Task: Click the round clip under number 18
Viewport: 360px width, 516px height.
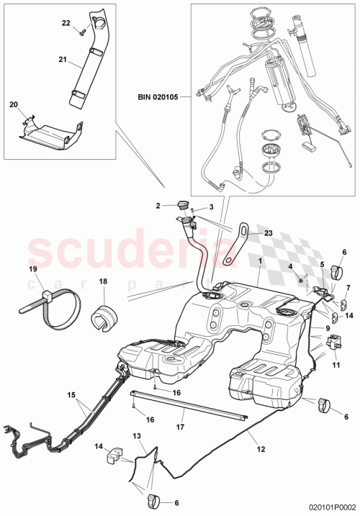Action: pyautogui.click(x=102, y=317)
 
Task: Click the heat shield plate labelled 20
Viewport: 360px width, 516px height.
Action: pyautogui.click(x=47, y=135)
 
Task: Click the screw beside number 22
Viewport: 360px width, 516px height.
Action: pyautogui.click(x=83, y=32)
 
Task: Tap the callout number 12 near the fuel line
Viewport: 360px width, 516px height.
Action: pyautogui.click(x=261, y=449)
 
